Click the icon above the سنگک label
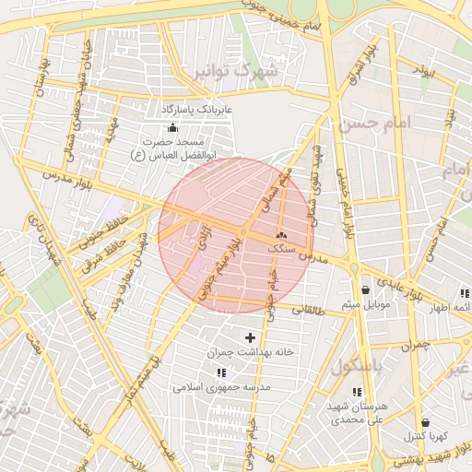click(281, 236)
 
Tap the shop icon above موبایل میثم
click(366, 289)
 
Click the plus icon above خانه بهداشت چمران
click(249, 338)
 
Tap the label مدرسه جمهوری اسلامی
click(221, 387)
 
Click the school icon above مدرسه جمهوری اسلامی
click(221, 372)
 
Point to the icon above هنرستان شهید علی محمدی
click(357, 392)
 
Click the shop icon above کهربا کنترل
click(425, 422)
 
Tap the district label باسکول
click(356, 366)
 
